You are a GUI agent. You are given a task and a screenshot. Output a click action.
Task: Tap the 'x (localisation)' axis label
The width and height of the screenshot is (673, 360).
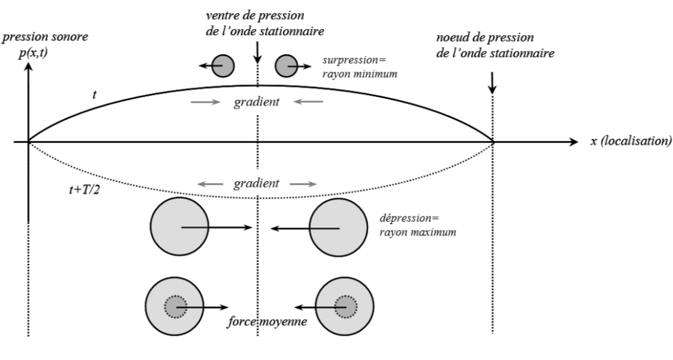[630, 142]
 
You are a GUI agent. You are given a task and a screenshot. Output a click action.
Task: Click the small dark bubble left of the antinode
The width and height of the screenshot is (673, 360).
[223, 65]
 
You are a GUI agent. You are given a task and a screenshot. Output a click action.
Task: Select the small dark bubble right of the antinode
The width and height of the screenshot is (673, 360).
[287, 65]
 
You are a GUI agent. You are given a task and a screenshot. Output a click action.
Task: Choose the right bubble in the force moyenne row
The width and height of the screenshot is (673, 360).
[344, 307]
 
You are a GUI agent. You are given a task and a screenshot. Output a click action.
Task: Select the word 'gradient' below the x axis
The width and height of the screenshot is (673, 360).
[256, 184]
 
